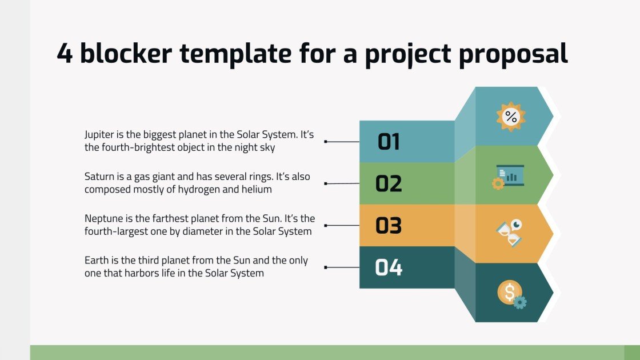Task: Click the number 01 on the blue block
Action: [x=389, y=141]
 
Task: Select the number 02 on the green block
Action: [x=389, y=183]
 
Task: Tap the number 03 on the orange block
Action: [x=389, y=226]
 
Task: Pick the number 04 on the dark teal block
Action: [x=389, y=267]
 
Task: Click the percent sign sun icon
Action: [x=510, y=117]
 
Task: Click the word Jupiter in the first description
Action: [x=100, y=135]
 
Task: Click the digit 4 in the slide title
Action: [x=65, y=54]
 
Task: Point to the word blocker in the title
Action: [x=126, y=54]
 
